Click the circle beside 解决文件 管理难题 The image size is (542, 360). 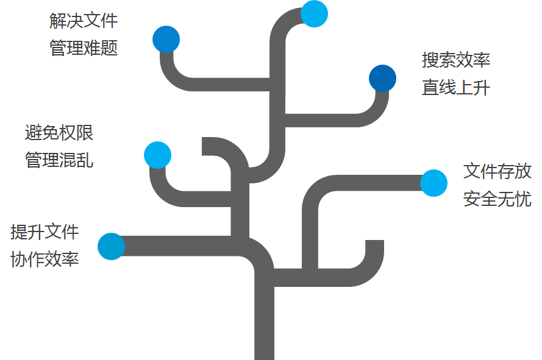coord(166,39)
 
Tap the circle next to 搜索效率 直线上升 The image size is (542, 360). coord(382,78)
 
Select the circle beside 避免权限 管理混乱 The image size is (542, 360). coord(157,155)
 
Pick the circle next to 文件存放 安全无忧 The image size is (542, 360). coord(433,183)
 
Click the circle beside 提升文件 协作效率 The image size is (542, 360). coord(111,246)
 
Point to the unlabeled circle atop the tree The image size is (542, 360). coord(315,13)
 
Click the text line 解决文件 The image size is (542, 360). coord(84,21)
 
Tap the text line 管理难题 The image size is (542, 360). coord(84,48)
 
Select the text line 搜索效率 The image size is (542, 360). coord(456,60)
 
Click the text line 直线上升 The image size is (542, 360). coord(456,88)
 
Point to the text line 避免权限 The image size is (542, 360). coord(59,132)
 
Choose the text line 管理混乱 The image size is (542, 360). coord(59,160)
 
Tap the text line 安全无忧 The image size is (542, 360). coord(497,199)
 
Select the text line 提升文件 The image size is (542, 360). coord(45,231)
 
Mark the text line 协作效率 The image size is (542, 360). coord(45,259)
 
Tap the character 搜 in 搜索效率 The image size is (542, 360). coord(430,60)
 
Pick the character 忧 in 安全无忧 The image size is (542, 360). coord(523,199)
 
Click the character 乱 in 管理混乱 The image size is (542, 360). coord(85,160)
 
